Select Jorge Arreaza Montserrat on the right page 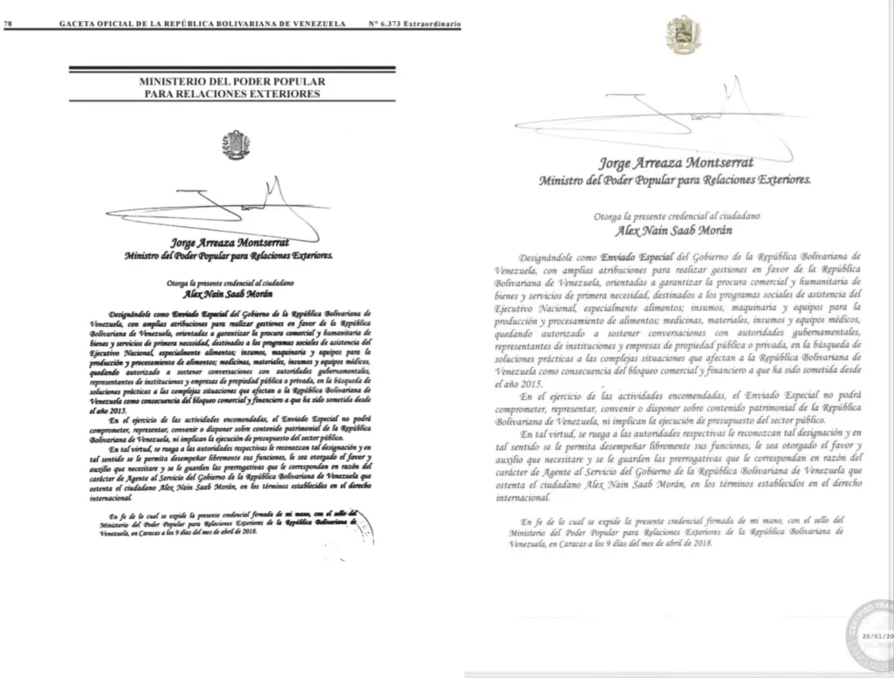click(673, 163)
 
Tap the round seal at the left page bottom click(368, 529)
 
